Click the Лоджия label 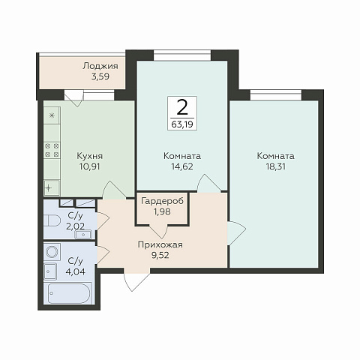click(x=100, y=66)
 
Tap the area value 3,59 click(x=100, y=76)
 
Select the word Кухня click(x=89, y=156)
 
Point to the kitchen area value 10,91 click(x=89, y=166)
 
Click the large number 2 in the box click(x=182, y=106)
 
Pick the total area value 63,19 click(x=182, y=124)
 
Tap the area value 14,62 click(x=182, y=166)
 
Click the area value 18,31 click(x=275, y=166)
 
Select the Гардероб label click(x=162, y=201)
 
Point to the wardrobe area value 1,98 click(x=162, y=211)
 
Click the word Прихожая click(x=160, y=244)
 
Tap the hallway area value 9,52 click(x=160, y=255)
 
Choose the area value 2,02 click(x=75, y=226)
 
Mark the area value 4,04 click(x=75, y=271)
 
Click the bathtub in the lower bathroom click(x=69, y=293)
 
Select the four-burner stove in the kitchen click(x=52, y=150)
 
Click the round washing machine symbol click(x=52, y=252)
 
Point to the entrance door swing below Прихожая click(x=137, y=280)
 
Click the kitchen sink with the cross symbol click(x=52, y=187)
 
